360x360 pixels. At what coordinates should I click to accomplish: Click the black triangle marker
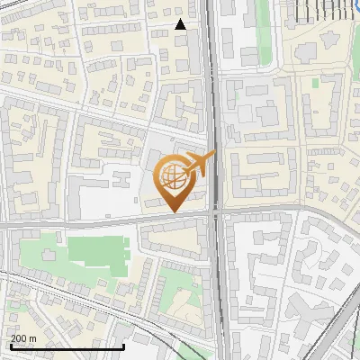[x=180, y=24]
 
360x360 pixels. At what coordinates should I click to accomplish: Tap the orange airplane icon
[x=200, y=164]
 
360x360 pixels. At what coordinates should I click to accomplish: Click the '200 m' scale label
[x=23, y=338]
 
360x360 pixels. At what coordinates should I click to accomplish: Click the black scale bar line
[x=67, y=346]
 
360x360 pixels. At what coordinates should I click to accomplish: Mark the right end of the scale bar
[x=123, y=346]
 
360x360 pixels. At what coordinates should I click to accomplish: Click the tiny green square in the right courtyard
[x=315, y=83]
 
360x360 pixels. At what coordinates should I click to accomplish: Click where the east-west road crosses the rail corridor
[x=216, y=215]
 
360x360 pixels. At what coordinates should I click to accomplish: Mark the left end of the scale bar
[x=10, y=346]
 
